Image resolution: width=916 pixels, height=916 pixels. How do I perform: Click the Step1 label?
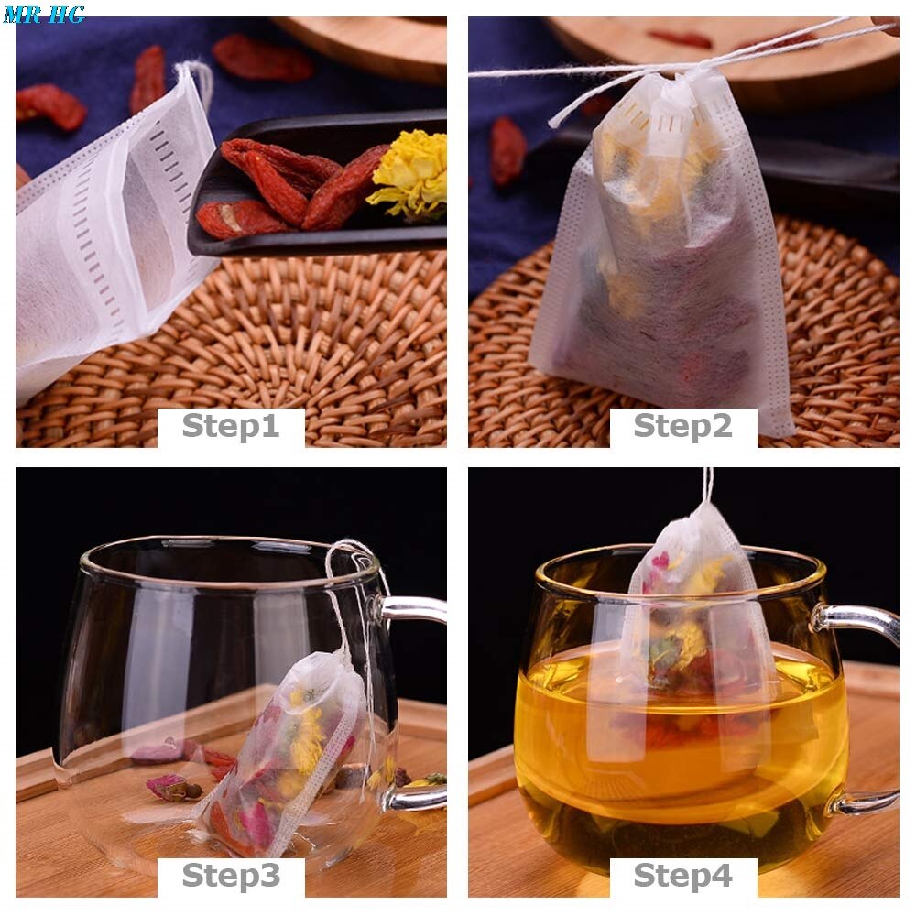[x=231, y=426]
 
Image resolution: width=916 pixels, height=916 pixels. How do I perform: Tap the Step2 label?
[x=683, y=426]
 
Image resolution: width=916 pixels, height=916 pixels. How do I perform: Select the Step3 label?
[x=232, y=876]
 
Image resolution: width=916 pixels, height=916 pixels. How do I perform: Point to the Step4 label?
[x=683, y=876]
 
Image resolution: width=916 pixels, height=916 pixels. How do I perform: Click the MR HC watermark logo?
[x=44, y=14]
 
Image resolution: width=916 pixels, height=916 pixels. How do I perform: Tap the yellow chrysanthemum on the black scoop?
[x=410, y=173]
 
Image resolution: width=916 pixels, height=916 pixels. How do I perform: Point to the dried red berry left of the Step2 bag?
[x=507, y=151]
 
